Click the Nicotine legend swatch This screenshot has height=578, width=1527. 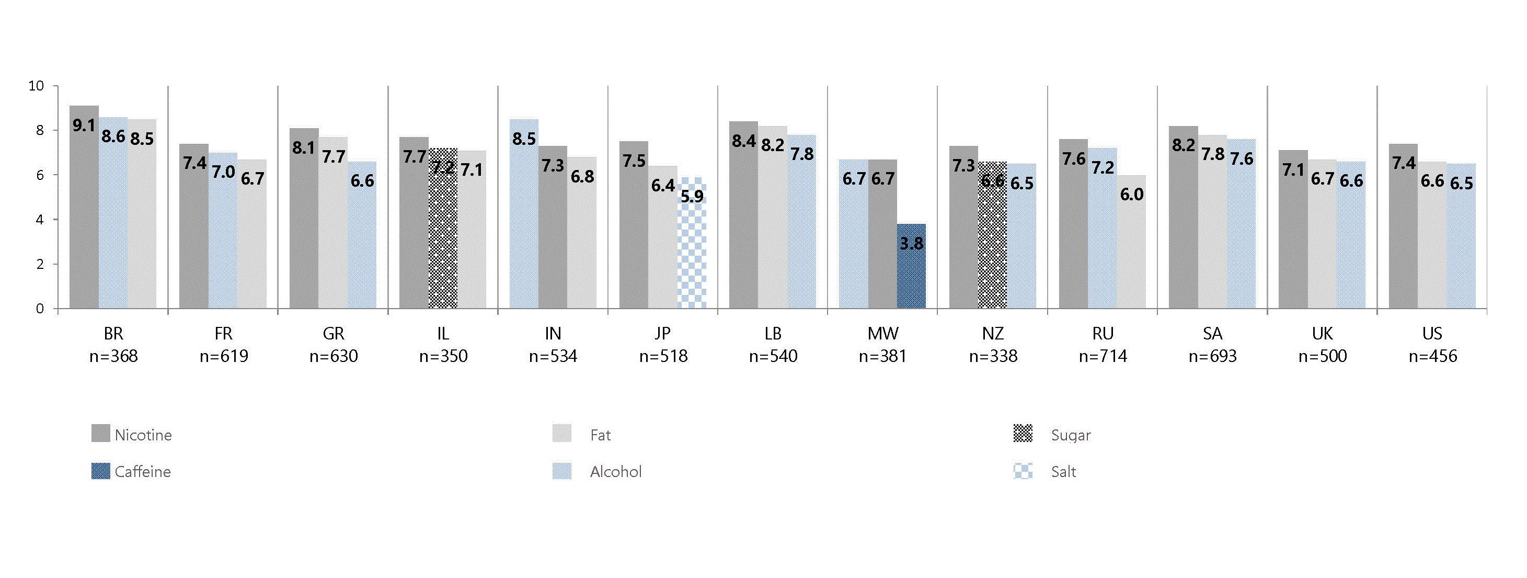(100, 434)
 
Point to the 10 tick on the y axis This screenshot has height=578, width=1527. (36, 86)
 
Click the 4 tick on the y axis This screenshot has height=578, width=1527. (40, 220)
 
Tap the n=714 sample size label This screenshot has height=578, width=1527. (1103, 356)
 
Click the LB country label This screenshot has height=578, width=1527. (773, 334)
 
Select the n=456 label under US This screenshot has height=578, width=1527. (1432, 356)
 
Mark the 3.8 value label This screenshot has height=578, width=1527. (911, 243)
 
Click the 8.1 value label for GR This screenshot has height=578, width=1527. (304, 148)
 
